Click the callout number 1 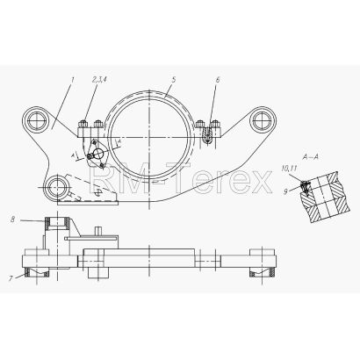click(x=73, y=79)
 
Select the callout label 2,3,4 click(x=99, y=79)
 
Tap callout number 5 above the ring click(x=174, y=80)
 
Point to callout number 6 click(x=217, y=80)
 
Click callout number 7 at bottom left click(x=11, y=278)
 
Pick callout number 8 click(x=12, y=220)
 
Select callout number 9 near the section click(x=285, y=191)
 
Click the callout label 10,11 click(x=290, y=169)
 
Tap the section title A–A click(x=310, y=157)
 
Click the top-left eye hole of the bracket click(x=36, y=120)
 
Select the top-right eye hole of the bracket click(x=263, y=119)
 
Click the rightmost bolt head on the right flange click(x=216, y=124)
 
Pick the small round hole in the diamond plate click(x=97, y=152)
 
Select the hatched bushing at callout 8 click(x=58, y=223)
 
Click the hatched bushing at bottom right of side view click(x=263, y=272)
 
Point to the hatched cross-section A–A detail click(x=324, y=198)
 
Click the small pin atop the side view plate click(x=97, y=230)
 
